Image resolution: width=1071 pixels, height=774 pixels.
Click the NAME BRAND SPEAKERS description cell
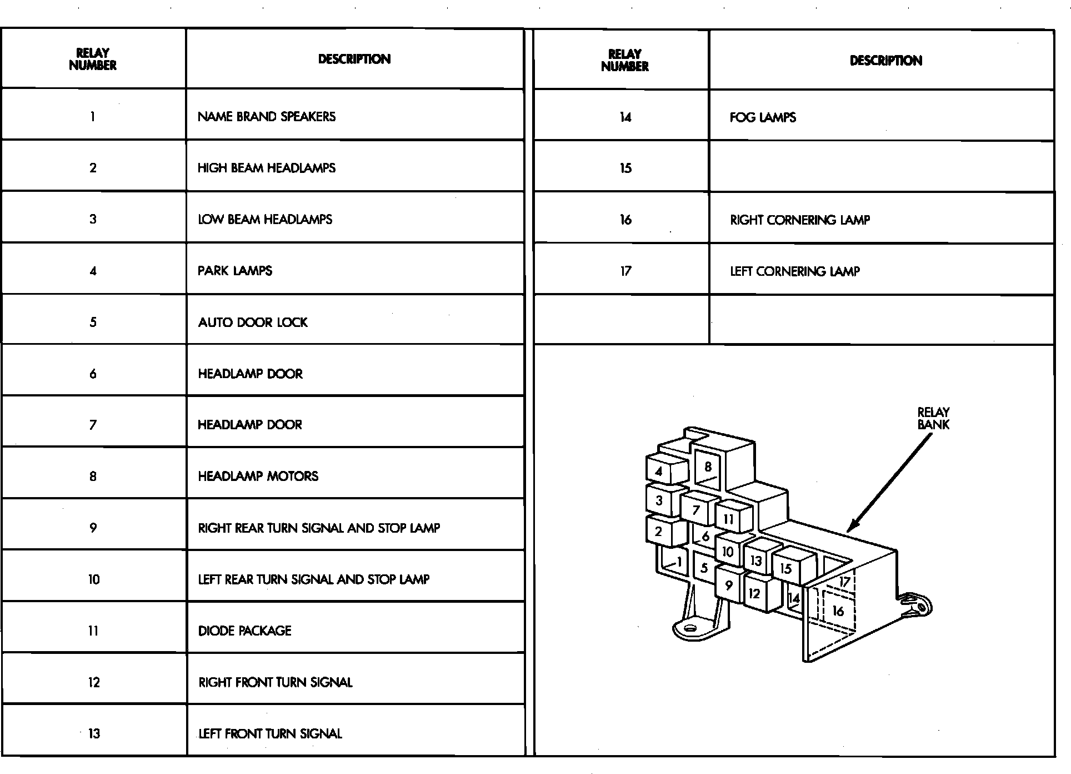267,117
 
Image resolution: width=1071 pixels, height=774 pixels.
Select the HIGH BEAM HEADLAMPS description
267,168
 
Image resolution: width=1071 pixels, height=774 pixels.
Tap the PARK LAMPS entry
235,271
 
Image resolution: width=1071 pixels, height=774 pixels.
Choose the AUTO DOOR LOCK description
253,322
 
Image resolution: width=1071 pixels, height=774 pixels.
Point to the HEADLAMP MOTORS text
258,477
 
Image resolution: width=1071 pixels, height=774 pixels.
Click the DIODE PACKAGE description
245,631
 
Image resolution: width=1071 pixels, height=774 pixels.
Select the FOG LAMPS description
763,117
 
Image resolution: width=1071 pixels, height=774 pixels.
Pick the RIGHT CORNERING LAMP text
800,220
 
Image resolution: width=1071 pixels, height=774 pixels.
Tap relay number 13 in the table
94,733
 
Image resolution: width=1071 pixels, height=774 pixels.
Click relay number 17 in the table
625,271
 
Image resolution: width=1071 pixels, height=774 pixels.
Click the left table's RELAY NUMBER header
93,59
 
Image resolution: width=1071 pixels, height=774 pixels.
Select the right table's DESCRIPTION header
886,61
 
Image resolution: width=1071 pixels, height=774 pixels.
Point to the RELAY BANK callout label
933,418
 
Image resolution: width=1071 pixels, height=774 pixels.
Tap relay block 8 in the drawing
708,467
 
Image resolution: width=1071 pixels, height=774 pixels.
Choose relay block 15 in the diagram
785,568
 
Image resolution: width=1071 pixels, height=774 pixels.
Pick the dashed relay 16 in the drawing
838,611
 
